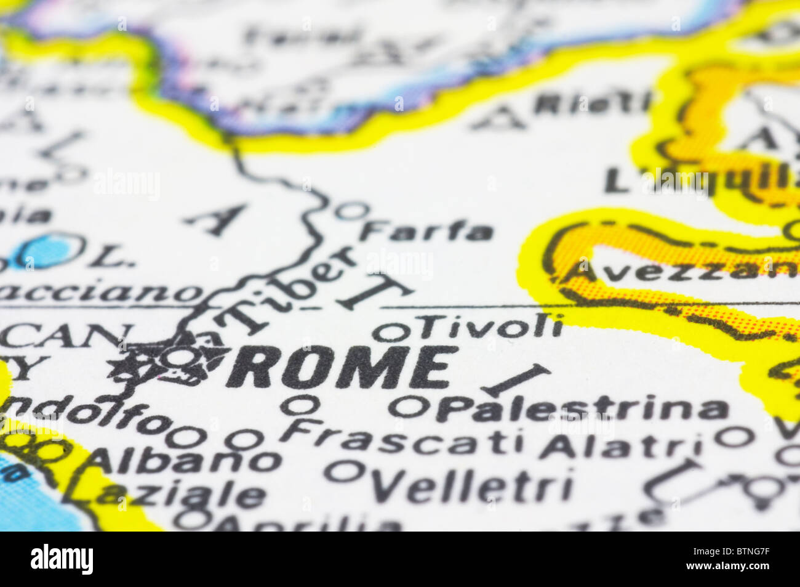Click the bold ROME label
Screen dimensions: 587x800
(x=342, y=367)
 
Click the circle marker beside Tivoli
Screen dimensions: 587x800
(x=390, y=332)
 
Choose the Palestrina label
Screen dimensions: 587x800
(x=582, y=409)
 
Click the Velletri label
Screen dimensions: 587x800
(x=471, y=488)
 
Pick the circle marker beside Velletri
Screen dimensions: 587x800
(x=344, y=472)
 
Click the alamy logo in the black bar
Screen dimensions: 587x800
(x=62, y=559)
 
